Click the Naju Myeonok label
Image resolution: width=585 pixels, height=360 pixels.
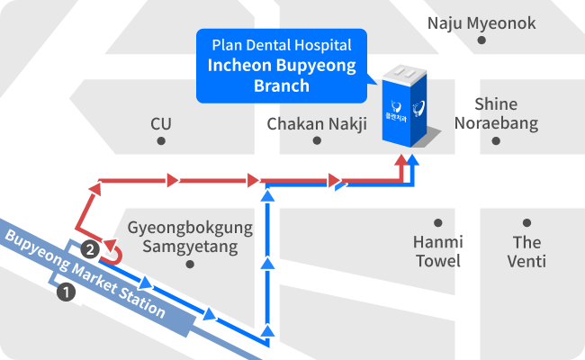tap(481, 23)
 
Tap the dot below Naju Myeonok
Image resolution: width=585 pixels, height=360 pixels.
tap(481, 40)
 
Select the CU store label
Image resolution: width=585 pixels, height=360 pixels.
tap(161, 124)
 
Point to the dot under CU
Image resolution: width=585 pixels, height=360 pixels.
tap(161, 141)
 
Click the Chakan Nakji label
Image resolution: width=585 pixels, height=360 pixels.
tap(317, 124)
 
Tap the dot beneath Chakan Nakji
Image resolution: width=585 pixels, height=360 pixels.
tap(317, 140)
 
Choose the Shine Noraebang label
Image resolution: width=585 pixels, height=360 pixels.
tap(496, 113)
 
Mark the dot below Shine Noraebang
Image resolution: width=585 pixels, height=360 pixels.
tap(496, 141)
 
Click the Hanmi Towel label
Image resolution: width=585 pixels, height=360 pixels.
tap(438, 251)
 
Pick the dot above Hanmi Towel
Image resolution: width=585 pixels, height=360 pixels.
tap(438, 222)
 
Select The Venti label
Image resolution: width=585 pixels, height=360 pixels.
tap(526, 252)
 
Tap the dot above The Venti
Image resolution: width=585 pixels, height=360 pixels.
tap(526, 222)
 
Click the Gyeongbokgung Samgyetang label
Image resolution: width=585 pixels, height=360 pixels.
tap(190, 238)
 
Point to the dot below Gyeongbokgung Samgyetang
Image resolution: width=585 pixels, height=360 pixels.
tap(190, 265)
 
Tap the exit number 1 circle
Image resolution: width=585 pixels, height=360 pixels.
tap(66, 292)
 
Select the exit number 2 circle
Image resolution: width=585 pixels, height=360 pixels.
tap(90, 249)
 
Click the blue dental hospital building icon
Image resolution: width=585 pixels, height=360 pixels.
tap(405, 107)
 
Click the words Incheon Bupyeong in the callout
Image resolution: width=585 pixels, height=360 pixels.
tap(282, 66)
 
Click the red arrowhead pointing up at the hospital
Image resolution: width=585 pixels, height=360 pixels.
tap(401, 159)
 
